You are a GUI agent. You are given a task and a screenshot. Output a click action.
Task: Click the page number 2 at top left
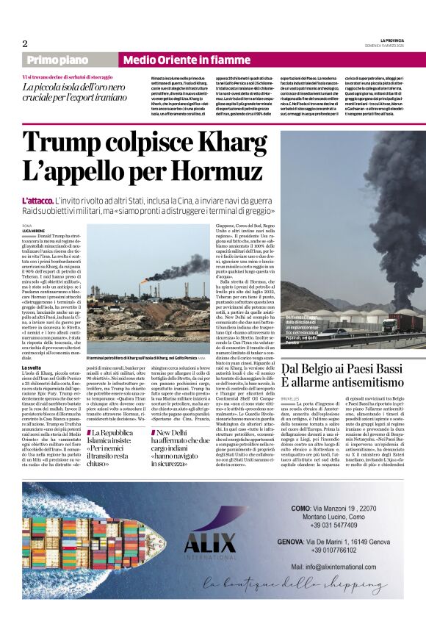coord(25,43)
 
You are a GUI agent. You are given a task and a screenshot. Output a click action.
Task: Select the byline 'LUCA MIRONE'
coord(34,231)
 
